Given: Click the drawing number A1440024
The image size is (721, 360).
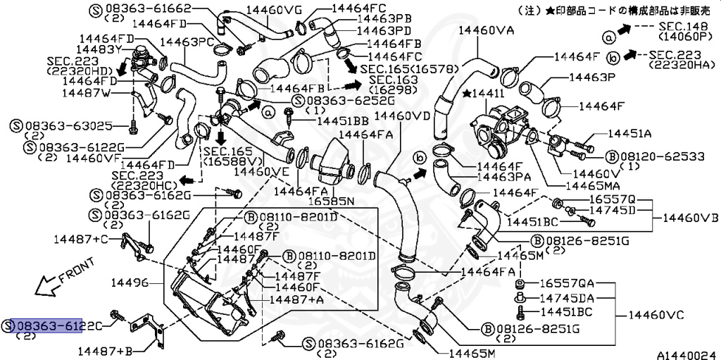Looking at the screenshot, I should pos(686,354).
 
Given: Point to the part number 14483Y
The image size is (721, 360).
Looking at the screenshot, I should pos(79,49).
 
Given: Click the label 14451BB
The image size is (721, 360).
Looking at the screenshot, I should pos(342,121).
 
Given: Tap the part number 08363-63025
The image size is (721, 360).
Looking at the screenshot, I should pos(67,126).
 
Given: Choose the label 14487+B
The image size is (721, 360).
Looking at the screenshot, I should pos(105,350).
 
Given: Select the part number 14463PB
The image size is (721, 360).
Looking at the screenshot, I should pos(384,20).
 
